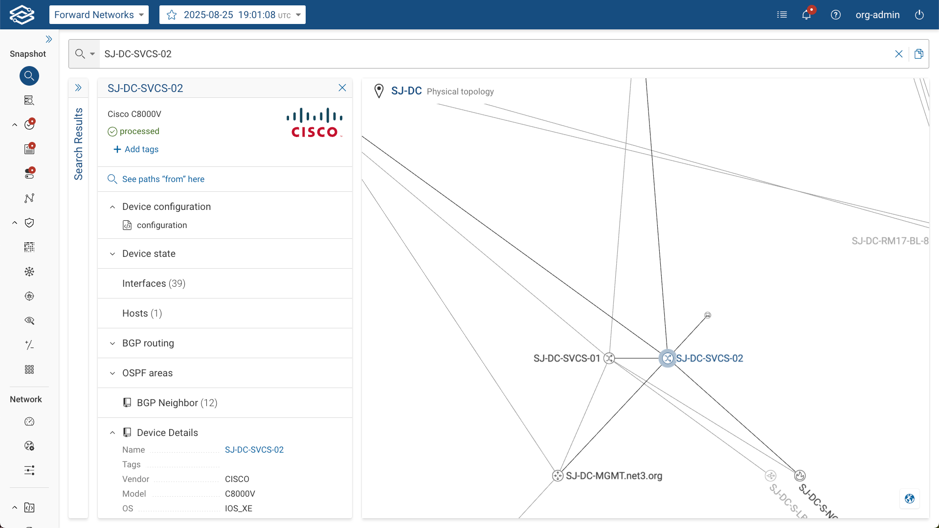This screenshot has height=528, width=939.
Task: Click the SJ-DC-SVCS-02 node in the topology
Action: tap(667, 358)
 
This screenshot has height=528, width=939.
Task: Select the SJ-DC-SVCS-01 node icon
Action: tap(609, 358)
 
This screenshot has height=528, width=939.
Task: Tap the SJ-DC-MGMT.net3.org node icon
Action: tap(558, 476)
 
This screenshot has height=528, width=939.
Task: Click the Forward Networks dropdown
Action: tap(99, 15)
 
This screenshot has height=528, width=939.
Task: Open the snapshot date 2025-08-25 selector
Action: tap(232, 15)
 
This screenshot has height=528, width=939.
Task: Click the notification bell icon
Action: tap(806, 15)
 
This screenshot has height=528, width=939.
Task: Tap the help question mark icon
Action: tap(836, 15)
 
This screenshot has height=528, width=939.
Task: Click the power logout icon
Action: tap(919, 15)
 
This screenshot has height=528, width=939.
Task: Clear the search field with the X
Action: tap(898, 54)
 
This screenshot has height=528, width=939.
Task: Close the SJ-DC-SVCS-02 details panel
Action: tap(342, 88)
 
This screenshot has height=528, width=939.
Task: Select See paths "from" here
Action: tap(163, 179)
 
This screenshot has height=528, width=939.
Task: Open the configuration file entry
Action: tap(161, 225)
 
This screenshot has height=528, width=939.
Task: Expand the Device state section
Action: tap(149, 253)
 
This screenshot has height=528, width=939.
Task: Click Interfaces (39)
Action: tap(154, 283)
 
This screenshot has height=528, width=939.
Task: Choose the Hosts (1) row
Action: tap(142, 313)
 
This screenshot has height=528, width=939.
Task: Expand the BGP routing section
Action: tap(148, 343)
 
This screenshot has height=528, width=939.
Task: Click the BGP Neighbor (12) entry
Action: tap(177, 403)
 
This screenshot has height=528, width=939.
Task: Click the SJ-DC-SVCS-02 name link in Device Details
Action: tap(254, 450)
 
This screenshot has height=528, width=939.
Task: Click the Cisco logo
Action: tap(314, 123)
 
